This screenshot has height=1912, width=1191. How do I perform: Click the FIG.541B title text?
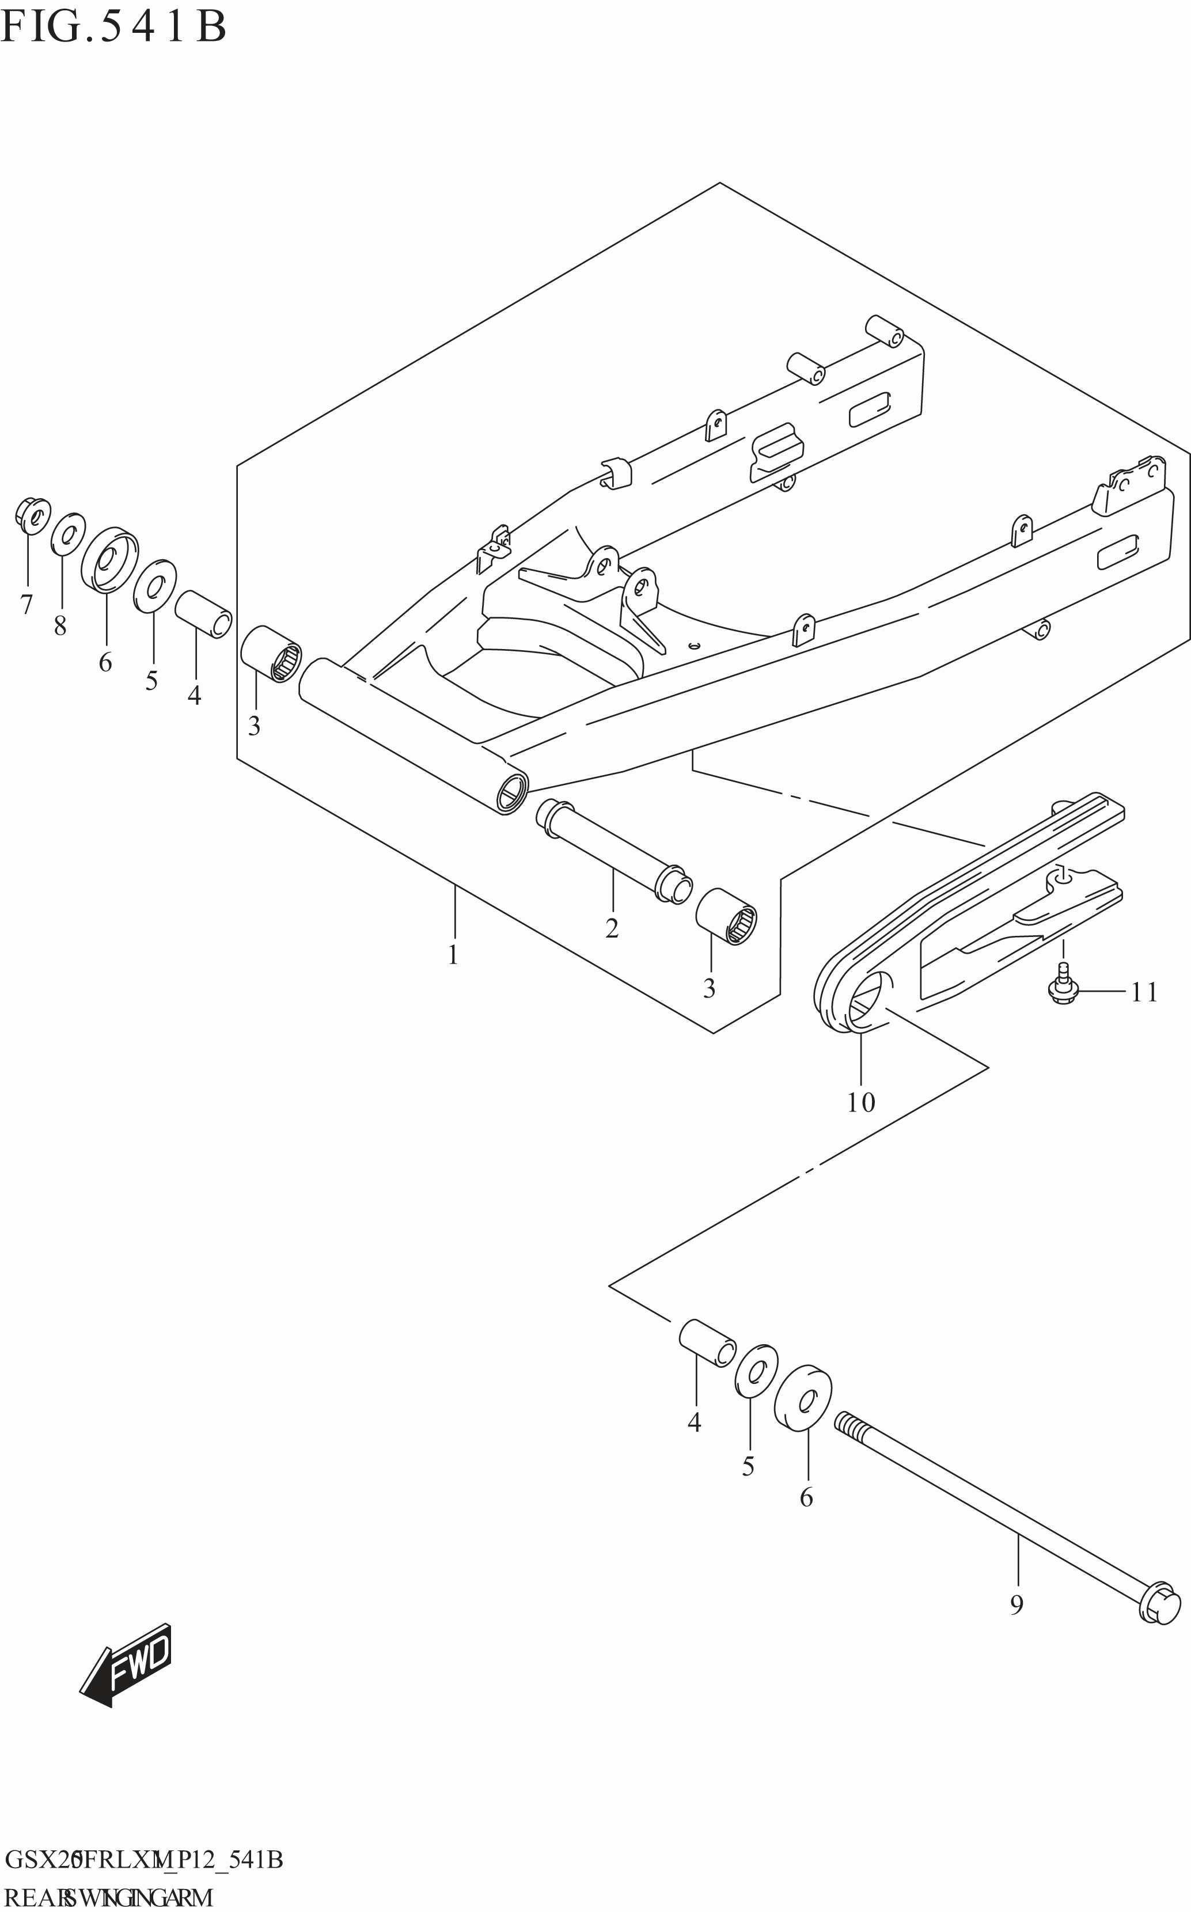pos(113,26)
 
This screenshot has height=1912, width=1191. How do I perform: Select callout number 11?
pos(1144,992)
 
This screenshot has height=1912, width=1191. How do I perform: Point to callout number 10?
pos(860,1102)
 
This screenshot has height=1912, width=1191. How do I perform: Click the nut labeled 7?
pos(32,516)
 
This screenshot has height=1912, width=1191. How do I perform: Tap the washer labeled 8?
pos(68,534)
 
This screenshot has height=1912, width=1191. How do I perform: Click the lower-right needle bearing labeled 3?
pos(726,917)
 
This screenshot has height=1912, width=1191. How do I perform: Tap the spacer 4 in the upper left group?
pos(203,613)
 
